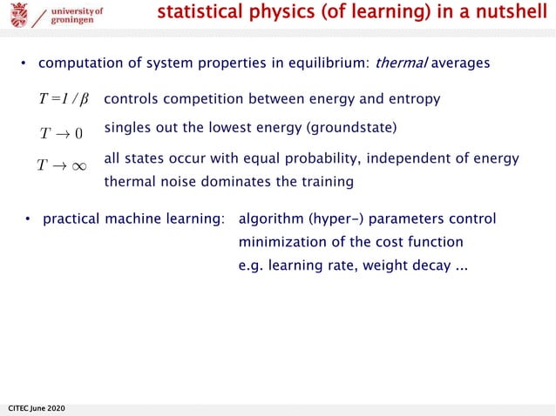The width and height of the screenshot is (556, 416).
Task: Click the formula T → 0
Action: click(x=61, y=133)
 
